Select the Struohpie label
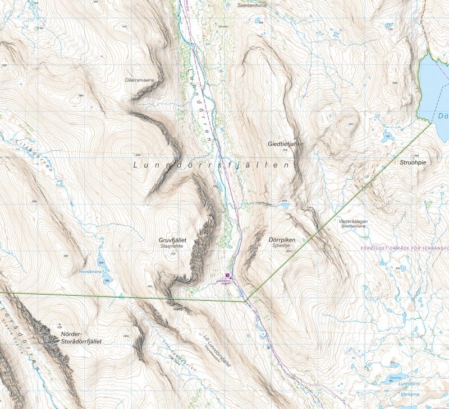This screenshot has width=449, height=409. (413, 162)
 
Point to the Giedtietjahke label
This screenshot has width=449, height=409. (285, 144)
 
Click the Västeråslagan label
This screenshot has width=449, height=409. (353, 221)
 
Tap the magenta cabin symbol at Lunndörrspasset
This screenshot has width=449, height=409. (227, 275)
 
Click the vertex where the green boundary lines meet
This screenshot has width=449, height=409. (245, 301)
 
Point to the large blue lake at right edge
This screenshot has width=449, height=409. (435, 84)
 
